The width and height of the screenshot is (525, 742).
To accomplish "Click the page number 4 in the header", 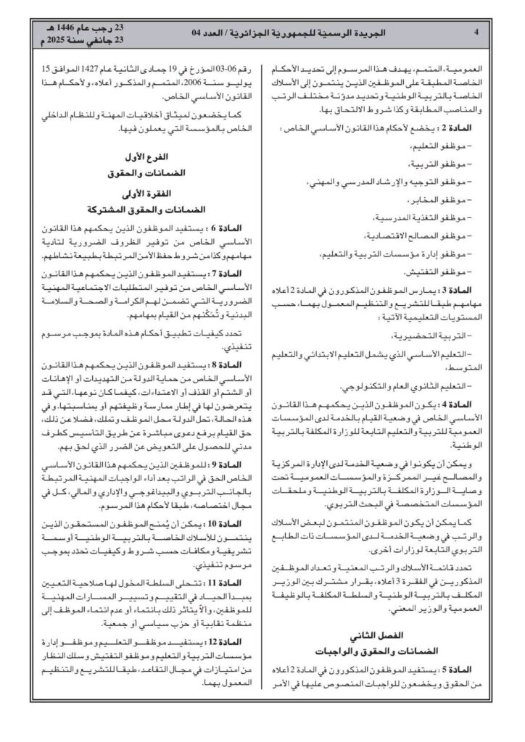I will [475, 32].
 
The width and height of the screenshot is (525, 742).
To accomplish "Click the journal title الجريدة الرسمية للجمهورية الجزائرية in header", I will [346, 32].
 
